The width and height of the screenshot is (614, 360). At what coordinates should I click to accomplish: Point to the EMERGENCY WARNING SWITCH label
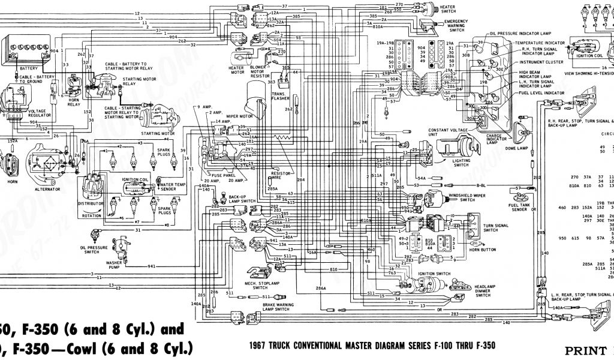(x=456, y=25)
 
